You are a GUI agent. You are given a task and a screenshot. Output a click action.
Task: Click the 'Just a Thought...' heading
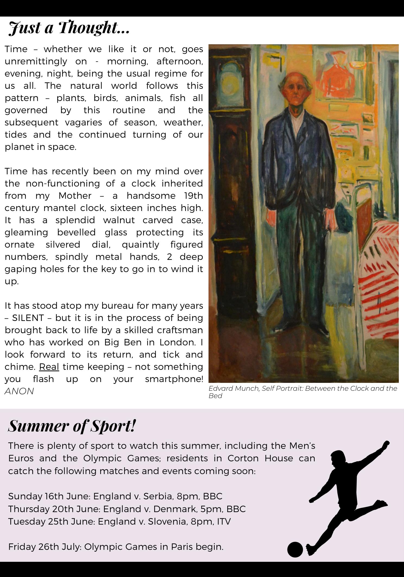(x=69, y=28)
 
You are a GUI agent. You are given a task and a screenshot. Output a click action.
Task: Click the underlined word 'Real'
(x=49, y=367)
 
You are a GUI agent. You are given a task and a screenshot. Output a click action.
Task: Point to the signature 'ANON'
(x=19, y=391)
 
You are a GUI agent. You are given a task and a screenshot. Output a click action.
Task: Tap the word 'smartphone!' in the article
(x=174, y=379)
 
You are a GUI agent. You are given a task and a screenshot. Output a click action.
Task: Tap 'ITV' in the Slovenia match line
(x=224, y=521)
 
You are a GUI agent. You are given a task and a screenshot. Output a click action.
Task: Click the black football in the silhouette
(x=295, y=550)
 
